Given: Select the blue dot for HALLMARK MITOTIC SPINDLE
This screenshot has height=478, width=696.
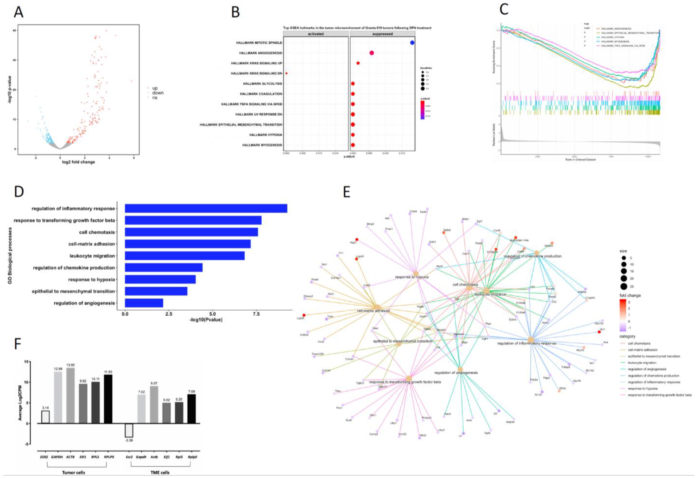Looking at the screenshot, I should [x=412, y=43].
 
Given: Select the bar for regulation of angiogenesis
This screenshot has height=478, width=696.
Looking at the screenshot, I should [x=144, y=303].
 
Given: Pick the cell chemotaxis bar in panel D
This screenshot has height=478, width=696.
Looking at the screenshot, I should [x=191, y=232].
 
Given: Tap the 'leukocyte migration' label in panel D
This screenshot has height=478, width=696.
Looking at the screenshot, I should [x=92, y=256].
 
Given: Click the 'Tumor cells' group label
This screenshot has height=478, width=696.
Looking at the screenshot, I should [x=73, y=472].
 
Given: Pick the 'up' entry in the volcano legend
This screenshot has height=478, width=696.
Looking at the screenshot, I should [x=155, y=88].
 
